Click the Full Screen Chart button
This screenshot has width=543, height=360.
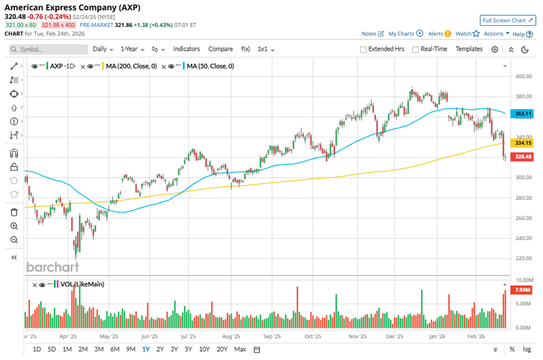[x=507, y=20]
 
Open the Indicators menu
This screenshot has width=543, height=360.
[x=187, y=49]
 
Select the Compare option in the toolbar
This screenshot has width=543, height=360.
[x=220, y=49]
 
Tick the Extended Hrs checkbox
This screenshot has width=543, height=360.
[x=363, y=49]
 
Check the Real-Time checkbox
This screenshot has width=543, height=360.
[x=415, y=49]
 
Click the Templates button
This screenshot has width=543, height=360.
[x=469, y=49]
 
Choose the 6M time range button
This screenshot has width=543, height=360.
[x=114, y=349]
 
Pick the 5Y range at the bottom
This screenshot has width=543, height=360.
[x=188, y=349]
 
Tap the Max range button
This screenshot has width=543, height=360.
[x=240, y=349]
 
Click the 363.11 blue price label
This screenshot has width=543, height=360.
[x=521, y=114]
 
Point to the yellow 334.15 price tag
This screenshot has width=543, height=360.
[x=521, y=143]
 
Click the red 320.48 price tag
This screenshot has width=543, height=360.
[x=521, y=157]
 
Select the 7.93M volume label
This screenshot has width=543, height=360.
[x=521, y=290]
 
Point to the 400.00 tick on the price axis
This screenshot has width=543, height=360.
[x=523, y=76]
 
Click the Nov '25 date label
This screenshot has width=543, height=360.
[x=358, y=337]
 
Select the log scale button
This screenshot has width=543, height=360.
[x=527, y=349]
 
